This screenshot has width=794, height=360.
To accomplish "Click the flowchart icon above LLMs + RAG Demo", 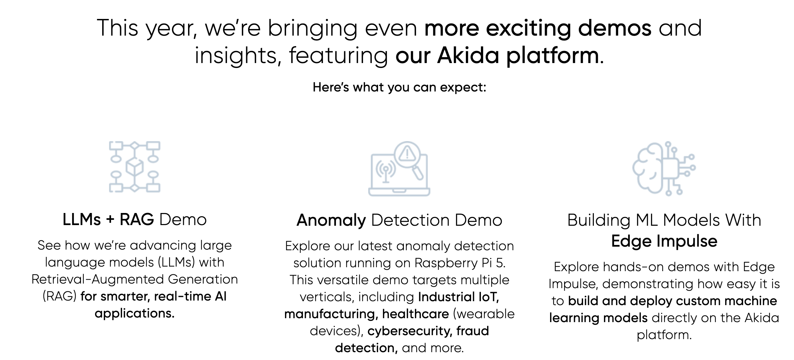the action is (135, 167).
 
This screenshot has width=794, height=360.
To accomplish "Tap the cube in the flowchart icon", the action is (135, 167).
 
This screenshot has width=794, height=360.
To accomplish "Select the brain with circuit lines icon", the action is (664, 169).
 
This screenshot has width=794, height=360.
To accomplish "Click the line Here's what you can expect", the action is (399, 88).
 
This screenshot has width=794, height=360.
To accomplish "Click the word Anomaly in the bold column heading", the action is (331, 221).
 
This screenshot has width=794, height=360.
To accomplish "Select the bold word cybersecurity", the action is (410, 331).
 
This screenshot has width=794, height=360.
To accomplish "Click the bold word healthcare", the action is (416, 314).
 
